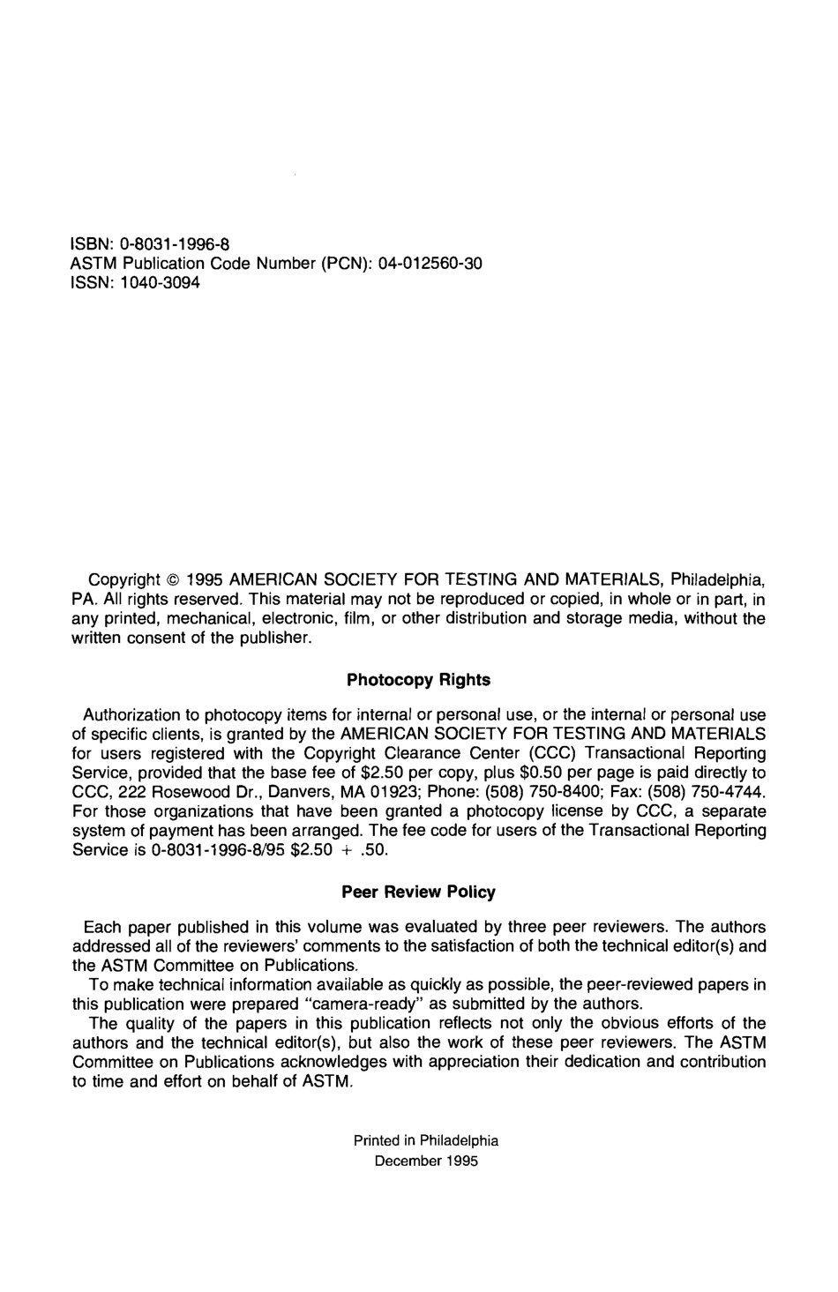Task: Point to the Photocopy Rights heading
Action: point(418,680)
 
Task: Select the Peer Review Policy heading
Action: point(418,892)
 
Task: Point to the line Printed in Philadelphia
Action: point(426,1140)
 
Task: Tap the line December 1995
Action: point(426,1161)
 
